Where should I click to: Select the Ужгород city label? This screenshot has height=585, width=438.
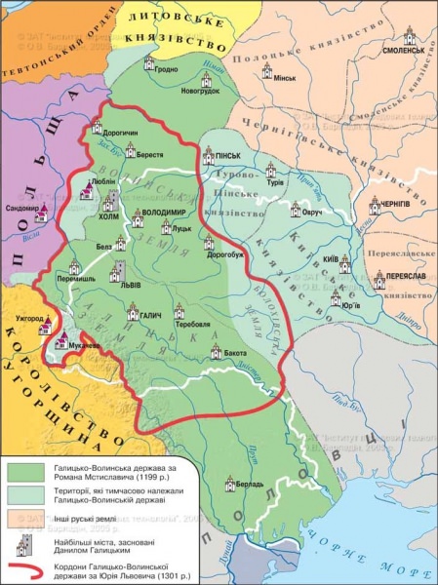pos(30,319)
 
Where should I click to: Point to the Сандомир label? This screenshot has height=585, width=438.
pos(21,209)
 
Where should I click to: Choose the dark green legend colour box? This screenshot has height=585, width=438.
pos(27,470)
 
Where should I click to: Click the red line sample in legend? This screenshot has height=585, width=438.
pos(26,565)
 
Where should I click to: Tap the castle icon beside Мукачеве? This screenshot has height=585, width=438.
pos(63,341)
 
